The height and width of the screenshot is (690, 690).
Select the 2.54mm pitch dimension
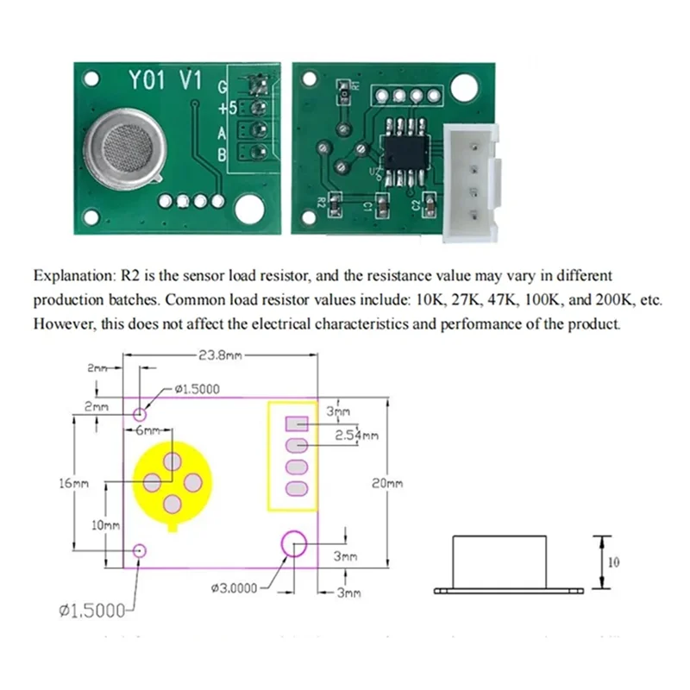355,436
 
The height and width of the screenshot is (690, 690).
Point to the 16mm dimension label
73,483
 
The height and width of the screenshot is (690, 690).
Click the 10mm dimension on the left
103,524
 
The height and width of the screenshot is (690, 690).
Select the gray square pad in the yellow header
296,423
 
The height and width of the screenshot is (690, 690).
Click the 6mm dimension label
148,430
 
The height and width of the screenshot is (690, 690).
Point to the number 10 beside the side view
614,562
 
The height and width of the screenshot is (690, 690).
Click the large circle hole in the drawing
294,544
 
